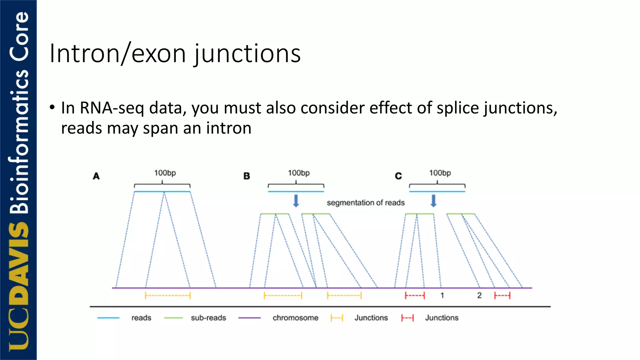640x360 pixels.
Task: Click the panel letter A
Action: click(x=96, y=176)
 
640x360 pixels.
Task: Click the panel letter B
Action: click(x=247, y=176)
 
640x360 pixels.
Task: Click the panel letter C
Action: click(x=398, y=176)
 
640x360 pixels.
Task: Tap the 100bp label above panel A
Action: click(x=165, y=173)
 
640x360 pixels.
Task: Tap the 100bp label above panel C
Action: click(x=440, y=173)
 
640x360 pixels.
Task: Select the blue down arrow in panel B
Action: click(x=296, y=201)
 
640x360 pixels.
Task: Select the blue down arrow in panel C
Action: click(x=433, y=201)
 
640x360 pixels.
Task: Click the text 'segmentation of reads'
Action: click(x=366, y=203)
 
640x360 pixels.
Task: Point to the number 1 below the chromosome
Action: click(x=442, y=295)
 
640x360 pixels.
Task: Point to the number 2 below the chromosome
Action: click(x=479, y=295)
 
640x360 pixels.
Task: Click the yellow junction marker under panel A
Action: click(x=168, y=295)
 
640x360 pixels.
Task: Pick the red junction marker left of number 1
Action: click(x=415, y=295)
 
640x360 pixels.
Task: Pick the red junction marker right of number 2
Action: click(x=502, y=295)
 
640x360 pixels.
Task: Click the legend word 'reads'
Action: click(x=141, y=318)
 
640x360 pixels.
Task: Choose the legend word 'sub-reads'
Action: click(x=208, y=318)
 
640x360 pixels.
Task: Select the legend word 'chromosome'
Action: click(x=295, y=318)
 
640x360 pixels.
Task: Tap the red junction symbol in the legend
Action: click(x=407, y=318)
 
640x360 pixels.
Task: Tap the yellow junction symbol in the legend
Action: click(x=337, y=318)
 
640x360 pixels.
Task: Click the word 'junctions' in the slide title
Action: click(x=247, y=54)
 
